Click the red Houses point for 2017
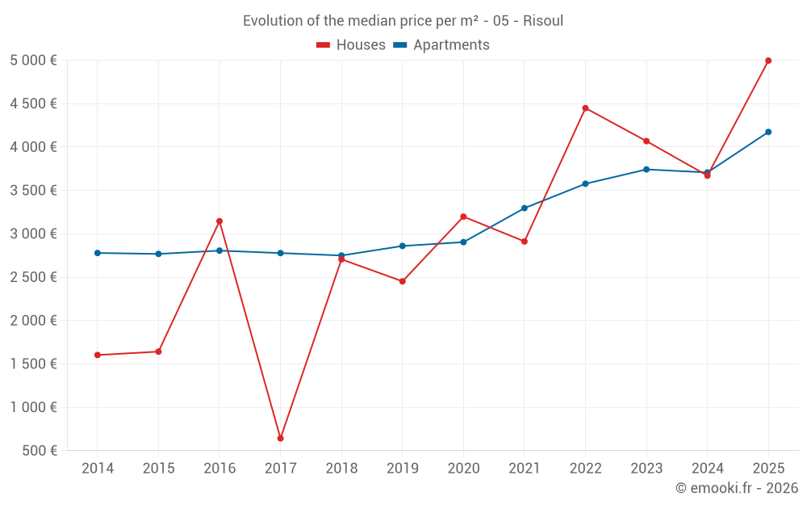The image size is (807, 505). coord(280,438)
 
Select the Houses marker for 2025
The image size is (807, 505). coord(768,61)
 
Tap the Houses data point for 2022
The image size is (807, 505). coord(585,108)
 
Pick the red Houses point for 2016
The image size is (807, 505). coord(220,221)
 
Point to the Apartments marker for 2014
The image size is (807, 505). coord(98,253)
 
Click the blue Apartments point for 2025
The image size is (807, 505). coord(768,132)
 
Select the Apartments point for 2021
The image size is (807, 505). coord(524,208)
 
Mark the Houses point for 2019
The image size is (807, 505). coord(402,281)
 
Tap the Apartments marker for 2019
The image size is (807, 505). coord(402,246)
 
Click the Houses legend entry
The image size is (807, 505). coord(351,45)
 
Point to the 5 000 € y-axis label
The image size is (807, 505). coord(33,61)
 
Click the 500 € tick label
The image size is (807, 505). coord(40,451)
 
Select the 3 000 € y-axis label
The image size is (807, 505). coord(33,234)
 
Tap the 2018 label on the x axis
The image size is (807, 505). coord(341,469)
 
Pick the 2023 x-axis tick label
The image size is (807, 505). coord(646,469)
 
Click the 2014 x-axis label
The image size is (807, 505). coord(98,469)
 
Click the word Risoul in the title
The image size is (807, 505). coord(543,21)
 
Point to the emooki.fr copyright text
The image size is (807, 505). coord(736,488)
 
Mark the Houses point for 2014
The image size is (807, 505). coord(98,355)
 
